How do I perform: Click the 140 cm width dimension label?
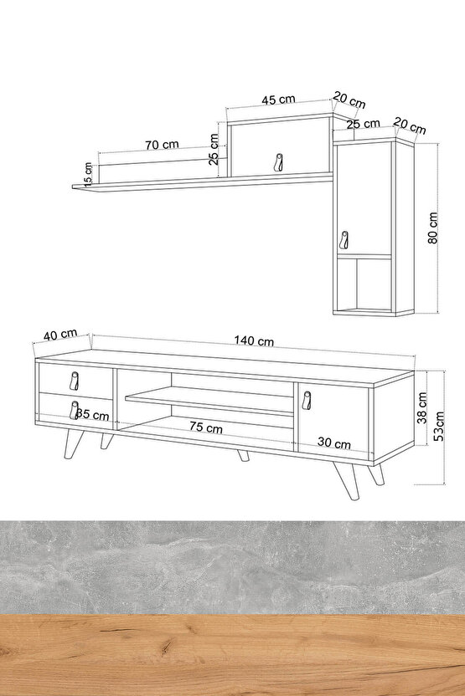pos(254,340)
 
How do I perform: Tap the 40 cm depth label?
pos(60,335)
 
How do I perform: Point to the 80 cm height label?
pos(433,228)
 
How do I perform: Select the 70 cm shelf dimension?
pos(162,145)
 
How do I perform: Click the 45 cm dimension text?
pos(278,99)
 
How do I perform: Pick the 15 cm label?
pos(88,173)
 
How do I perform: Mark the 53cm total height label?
pos(439,426)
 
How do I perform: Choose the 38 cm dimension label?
pos(422,407)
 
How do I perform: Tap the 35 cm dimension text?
pos(92,415)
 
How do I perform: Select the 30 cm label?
pos(333,443)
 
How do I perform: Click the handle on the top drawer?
pos(75,381)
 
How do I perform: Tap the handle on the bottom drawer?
pos(74,410)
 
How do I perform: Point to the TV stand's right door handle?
pos(307,400)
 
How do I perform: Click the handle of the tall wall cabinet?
pos(344,241)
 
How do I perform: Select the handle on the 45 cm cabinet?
pos(278,161)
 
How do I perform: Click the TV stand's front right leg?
pos(347,481)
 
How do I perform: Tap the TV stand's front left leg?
pos(71,444)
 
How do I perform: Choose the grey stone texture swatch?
pos(233,567)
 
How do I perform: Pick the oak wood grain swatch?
pos(233,655)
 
